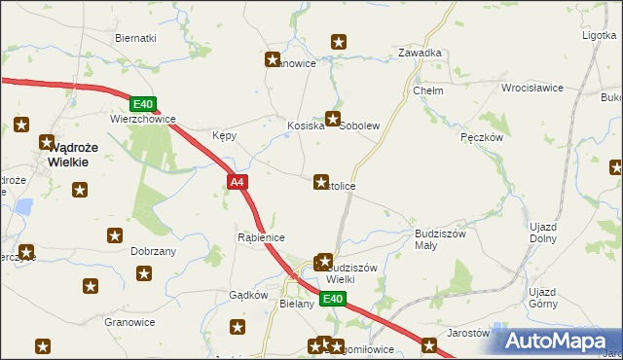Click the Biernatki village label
click(135, 37)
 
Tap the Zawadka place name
click(421, 53)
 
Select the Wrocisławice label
click(532, 88)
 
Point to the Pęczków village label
click(481, 138)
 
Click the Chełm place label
click(428, 90)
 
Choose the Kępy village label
click(224, 136)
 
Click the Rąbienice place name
click(261, 236)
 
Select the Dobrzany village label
click(153, 250)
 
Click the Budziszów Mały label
click(441, 239)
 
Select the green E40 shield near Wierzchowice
click(142, 104)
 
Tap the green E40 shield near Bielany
click(333, 299)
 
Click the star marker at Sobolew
click(333, 120)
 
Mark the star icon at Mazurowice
click(274, 59)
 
